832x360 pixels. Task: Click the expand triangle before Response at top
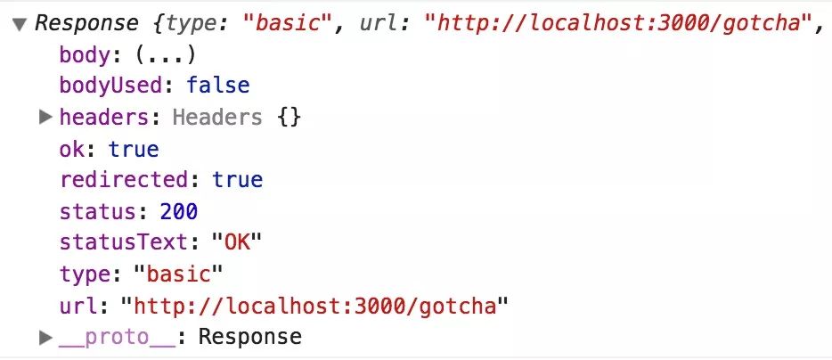click(x=20, y=24)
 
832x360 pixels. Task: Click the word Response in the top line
click(x=86, y=23)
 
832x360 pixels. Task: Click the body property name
click(x=86, y=55)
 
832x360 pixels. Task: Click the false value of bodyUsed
click(x=218, y=86)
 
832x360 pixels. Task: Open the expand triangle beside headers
click(x=46, y=117)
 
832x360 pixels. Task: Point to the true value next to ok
click(x=134, y=148)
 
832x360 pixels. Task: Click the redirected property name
click(x=124, y=179)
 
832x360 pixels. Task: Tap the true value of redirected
click(x=238, y=179)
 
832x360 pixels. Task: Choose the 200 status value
click(x=179, y=211)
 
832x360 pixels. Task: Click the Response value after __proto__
click(x=249, y=337)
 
